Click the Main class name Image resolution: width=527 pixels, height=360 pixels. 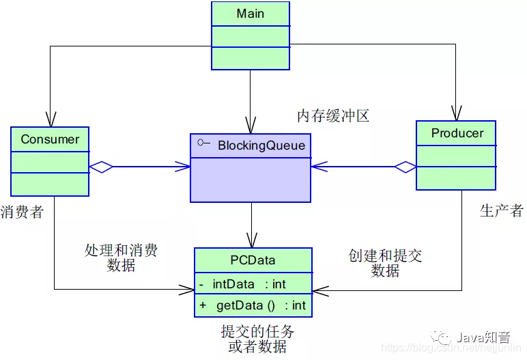[250, 14]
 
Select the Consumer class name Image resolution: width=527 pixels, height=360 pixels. [50, 139]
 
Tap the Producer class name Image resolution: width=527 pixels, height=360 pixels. [457, 133]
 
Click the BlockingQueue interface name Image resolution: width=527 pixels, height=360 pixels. [261, 145]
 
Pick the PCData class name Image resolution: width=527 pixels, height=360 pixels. [253, 260]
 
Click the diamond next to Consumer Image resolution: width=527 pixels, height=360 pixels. [101, 167]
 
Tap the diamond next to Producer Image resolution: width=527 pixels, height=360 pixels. [405, 166]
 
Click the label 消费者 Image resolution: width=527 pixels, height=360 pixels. [22, 212]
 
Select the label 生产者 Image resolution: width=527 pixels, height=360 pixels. [501, 210]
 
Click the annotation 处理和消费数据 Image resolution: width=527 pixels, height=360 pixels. [121, 258]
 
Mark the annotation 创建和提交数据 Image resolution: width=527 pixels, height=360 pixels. [385, 263]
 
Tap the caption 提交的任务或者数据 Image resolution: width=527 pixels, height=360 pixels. [257, 339]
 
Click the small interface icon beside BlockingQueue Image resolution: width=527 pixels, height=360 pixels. [202, 143]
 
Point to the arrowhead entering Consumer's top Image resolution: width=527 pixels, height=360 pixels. [50, 120]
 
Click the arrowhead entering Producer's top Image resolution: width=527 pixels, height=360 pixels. [455, 113]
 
